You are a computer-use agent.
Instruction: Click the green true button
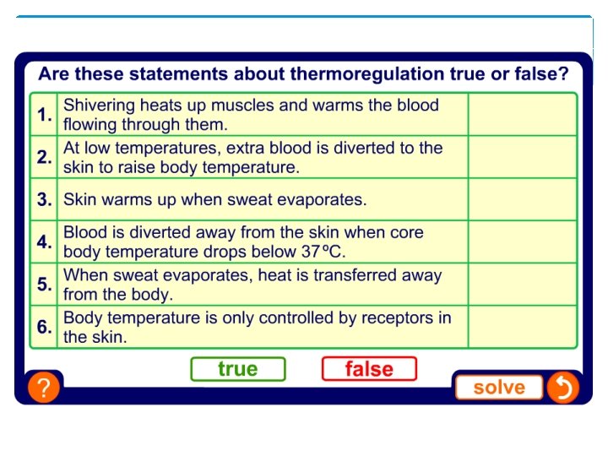[238, 369]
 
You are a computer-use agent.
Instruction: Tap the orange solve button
[499, 388]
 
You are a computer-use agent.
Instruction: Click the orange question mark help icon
[43, 388]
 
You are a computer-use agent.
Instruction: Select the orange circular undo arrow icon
[562, 388]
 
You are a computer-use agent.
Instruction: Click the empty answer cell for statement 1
[522, 115]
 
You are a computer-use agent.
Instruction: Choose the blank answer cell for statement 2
[522, 157]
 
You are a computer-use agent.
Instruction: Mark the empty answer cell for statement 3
[522, 200]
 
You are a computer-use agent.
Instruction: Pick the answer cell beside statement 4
[522, 242]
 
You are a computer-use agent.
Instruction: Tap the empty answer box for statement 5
[522, 285]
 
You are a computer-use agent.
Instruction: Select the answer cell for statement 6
[522, 327]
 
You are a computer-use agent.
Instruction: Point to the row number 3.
[44, 201]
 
